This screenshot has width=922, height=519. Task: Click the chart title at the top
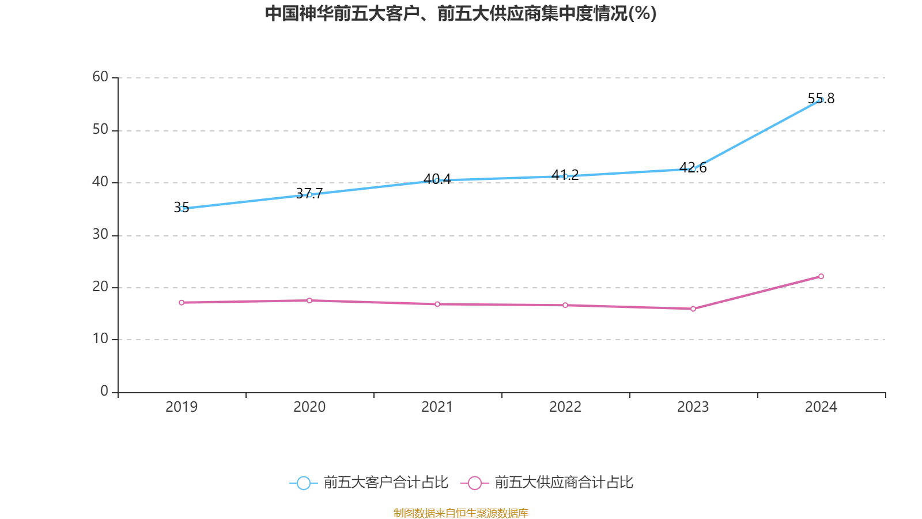tap(460, 13)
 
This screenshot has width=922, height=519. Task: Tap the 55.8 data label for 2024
tap(821, 99)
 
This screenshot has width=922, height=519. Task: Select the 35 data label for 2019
tap(182, 208)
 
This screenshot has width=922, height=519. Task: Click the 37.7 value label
tap(309, 193)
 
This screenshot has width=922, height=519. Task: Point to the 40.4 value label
tap(437, 179)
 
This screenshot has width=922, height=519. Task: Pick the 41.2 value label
tap(565, 175)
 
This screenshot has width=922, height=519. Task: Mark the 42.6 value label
tap(693, 168)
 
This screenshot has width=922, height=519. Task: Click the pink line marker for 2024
tap(821, 276)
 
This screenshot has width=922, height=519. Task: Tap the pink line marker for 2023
tap(693, 309)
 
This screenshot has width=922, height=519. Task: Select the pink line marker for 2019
tap(182, 302)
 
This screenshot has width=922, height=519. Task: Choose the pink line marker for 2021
tap(437, 304)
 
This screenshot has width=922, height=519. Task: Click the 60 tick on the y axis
tap(100, 77)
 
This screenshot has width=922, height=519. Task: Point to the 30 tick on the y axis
tap(100, 234)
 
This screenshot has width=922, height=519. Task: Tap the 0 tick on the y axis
tap(104, 391)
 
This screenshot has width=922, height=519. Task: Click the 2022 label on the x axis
tap(565, 407)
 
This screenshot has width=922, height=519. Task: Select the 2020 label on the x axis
tap(309, 407)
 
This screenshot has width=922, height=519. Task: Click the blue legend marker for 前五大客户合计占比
tap(303, 483)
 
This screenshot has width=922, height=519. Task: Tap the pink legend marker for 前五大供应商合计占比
tap(474, 483)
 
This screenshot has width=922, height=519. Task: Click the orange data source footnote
tap(460, 513)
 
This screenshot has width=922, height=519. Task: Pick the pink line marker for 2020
tap(309, 300)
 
